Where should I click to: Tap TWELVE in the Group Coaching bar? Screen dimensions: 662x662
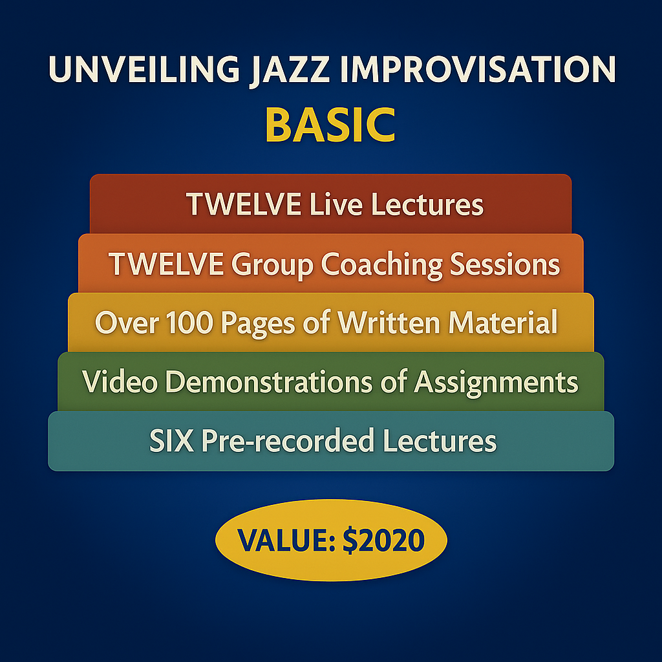(x=166, y=264)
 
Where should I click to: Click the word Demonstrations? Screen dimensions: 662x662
(x=272, y=382)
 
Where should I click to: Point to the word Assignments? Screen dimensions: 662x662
(x=496, y=383)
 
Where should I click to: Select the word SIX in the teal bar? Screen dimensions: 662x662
(x=171, y=441)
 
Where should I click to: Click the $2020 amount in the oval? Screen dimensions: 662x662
(x=387, y=540)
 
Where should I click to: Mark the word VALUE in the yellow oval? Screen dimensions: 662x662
(x=281, y=540)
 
